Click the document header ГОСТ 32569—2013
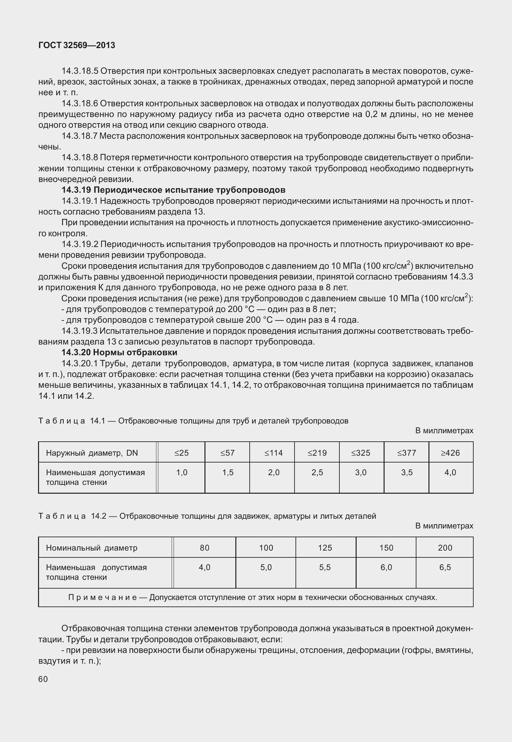click(x=77, y=46)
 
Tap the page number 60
click(x=43, y=679)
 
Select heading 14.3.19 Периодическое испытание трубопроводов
click(x=174, y=190)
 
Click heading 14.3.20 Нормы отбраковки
click(x=119, y=352)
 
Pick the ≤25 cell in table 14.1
click(x=181, y=453)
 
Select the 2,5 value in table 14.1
click(x=317, y=472)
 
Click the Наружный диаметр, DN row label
click(x=92, y=453)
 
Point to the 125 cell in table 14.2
click(x=325, y=548)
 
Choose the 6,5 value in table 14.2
click(x=445, y=567)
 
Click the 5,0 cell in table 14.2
click(x=266, y=567)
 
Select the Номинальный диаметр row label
click(x=92, y=548)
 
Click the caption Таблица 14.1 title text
click(x=193, y=421)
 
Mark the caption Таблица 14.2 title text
click(x=207, y=516)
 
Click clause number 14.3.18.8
click(x=80, y=158)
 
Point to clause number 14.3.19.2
click(x=80, y=244)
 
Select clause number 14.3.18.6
click(x=80, y=103)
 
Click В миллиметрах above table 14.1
click(x=444, y=431)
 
